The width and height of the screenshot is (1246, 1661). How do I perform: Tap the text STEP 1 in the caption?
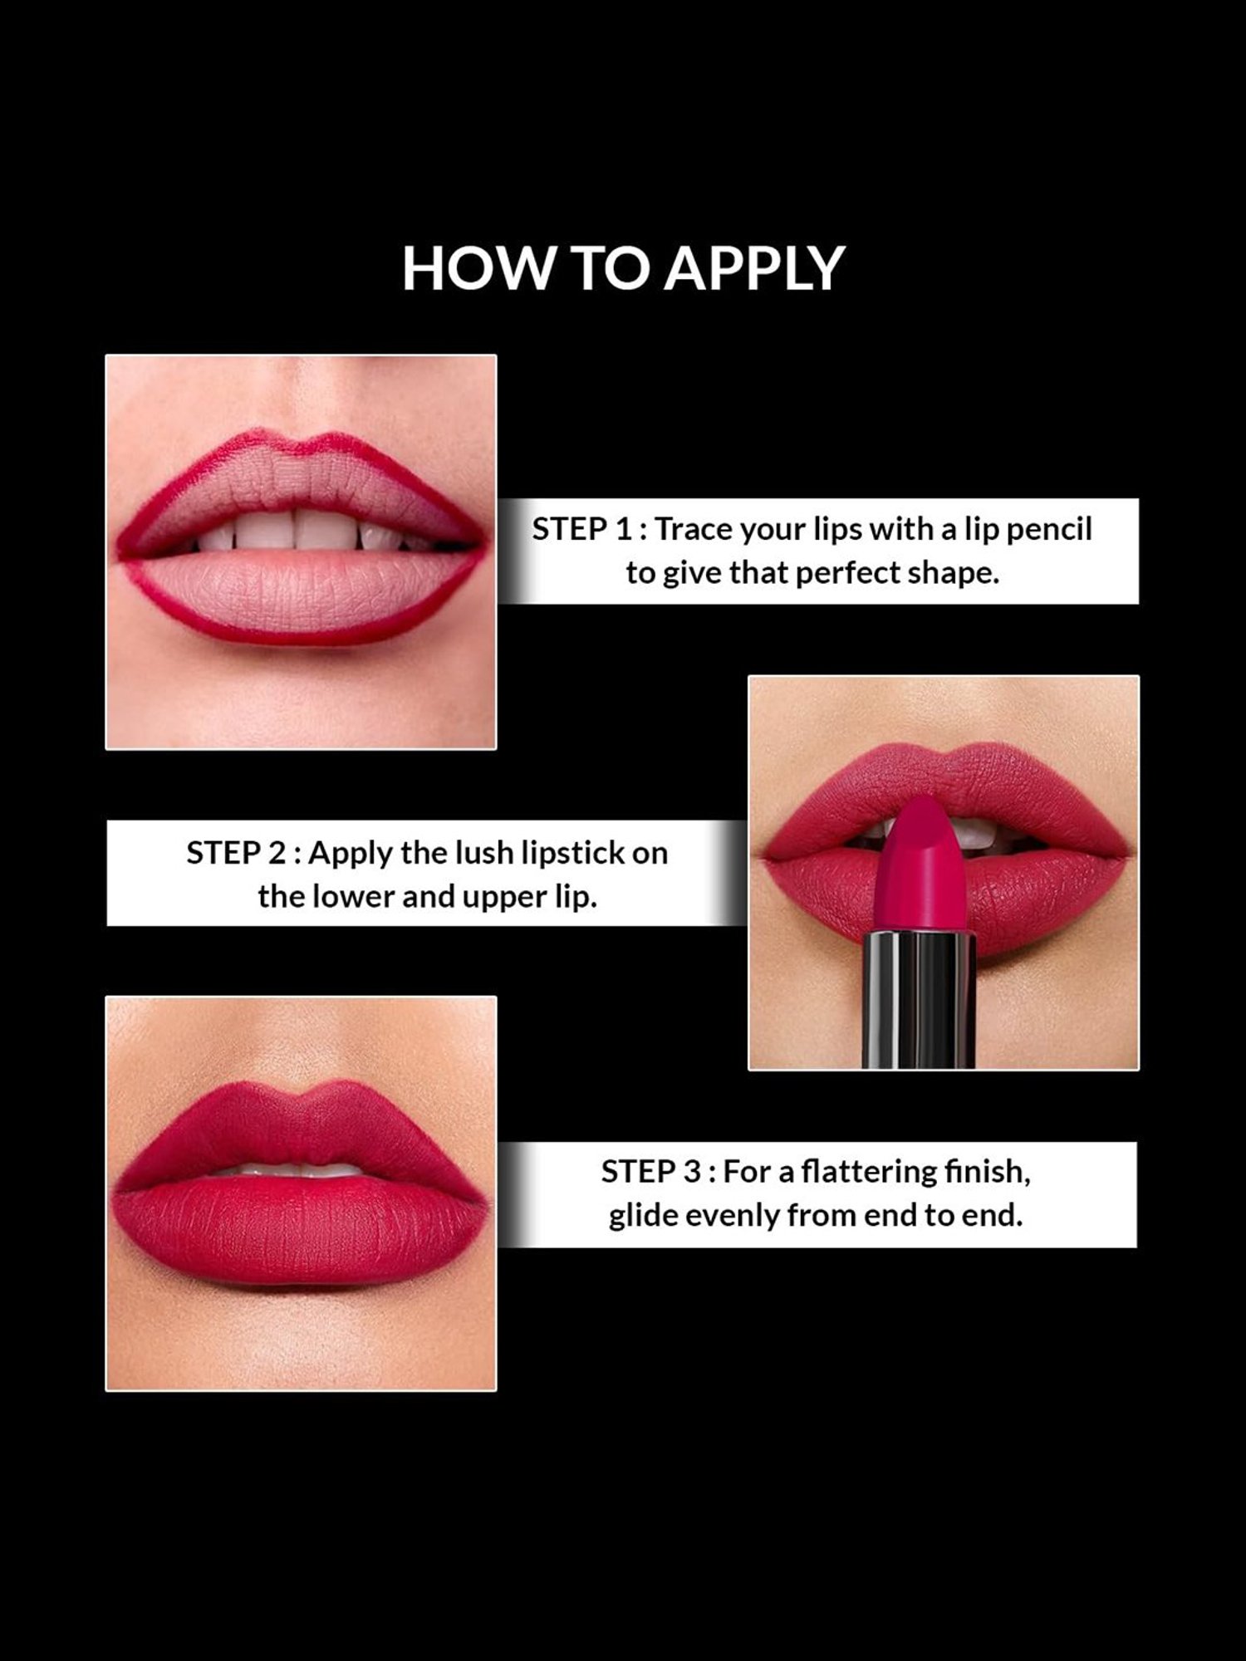click(x=581, y=529)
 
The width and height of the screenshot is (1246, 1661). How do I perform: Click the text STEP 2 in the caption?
click(x=236, y=853)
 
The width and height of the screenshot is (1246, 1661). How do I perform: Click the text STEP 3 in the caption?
click(x=651, y=1172)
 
